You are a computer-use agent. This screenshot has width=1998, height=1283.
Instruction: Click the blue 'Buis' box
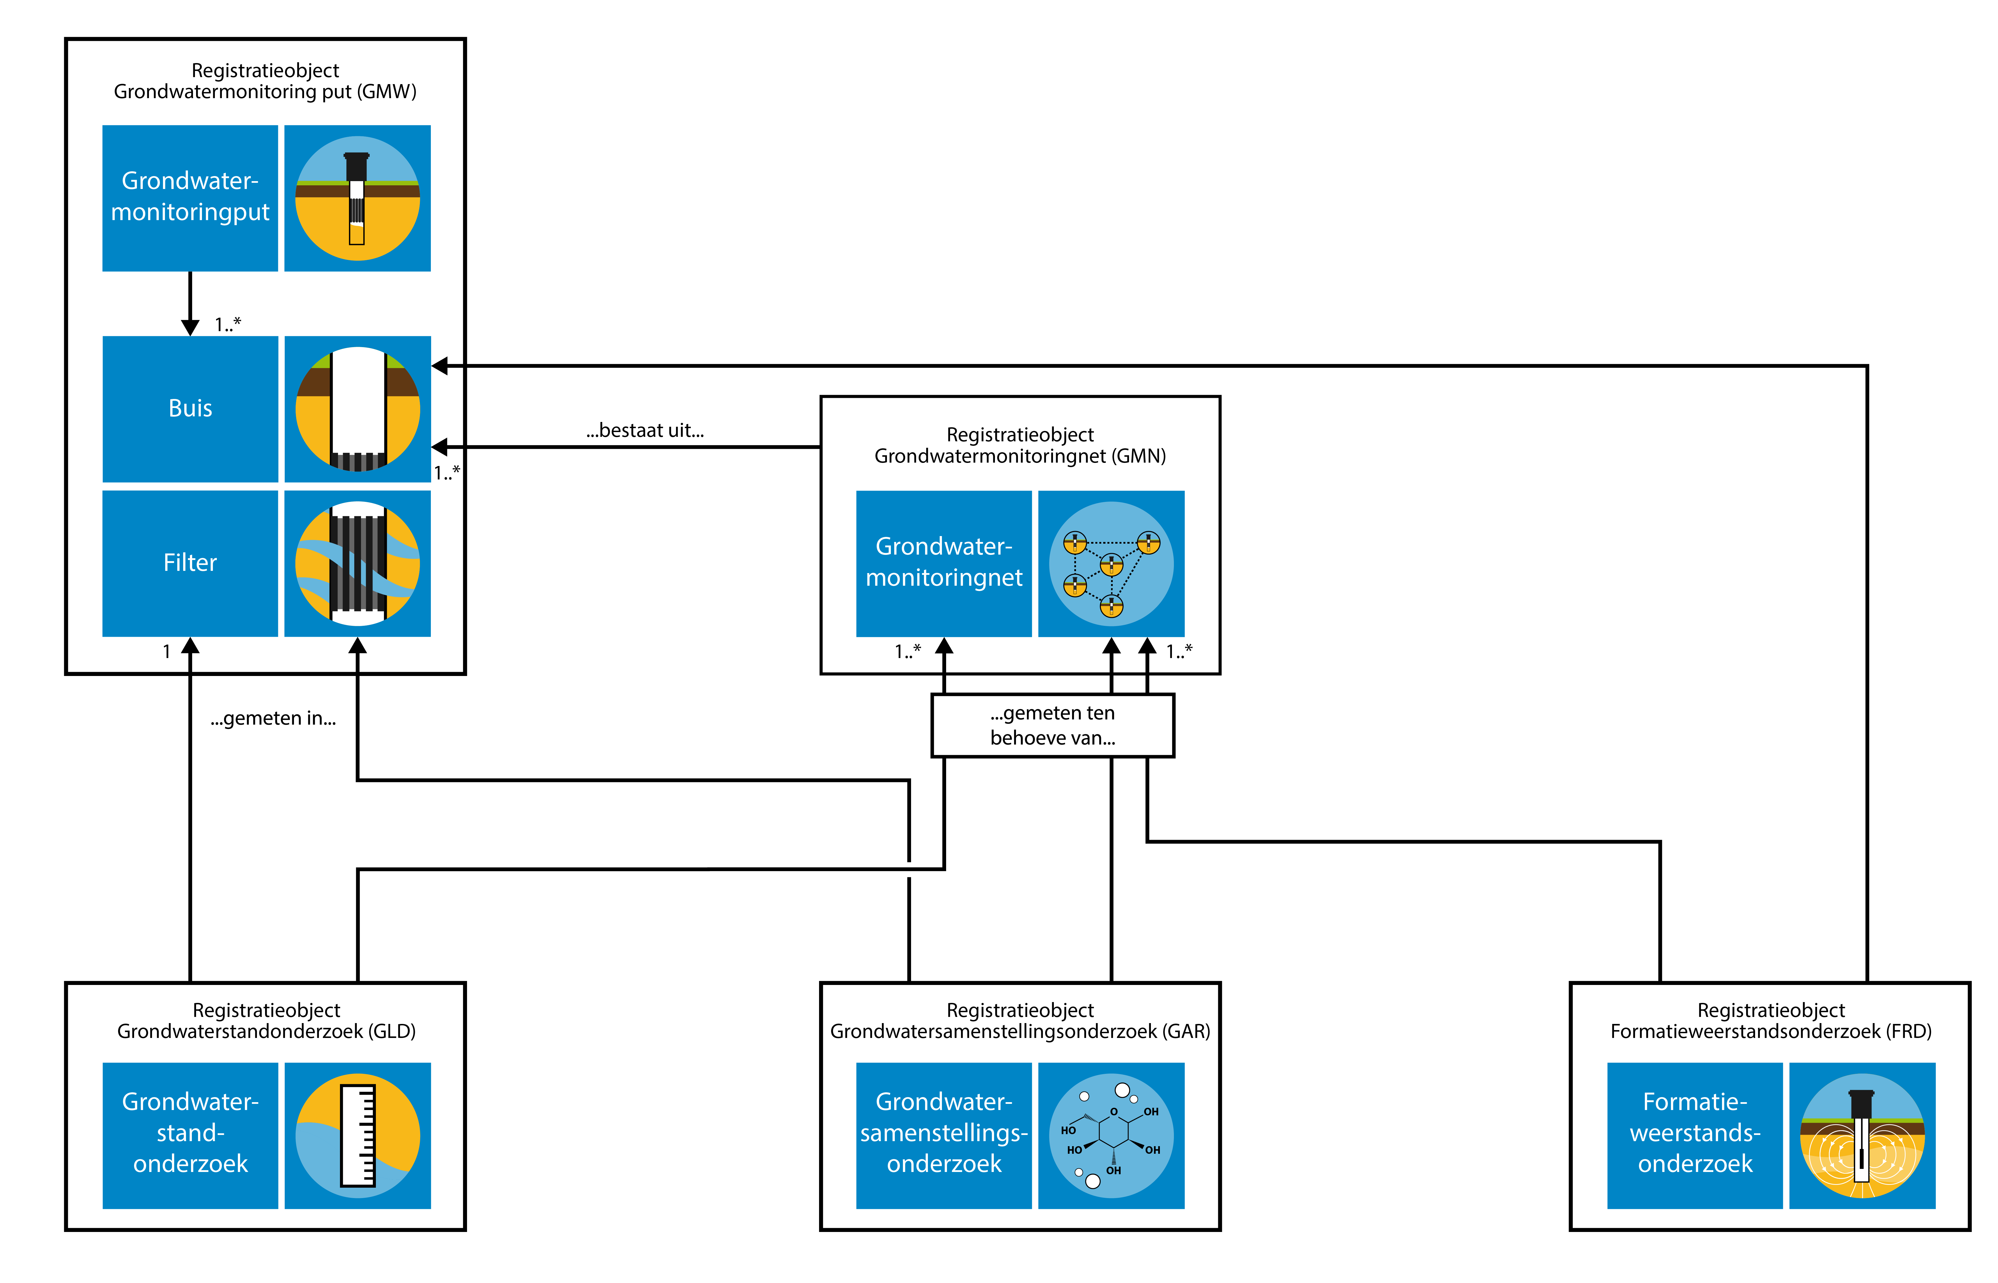click(x=190, y=408)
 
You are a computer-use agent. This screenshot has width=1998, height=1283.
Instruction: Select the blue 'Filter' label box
click(x=190, y=563)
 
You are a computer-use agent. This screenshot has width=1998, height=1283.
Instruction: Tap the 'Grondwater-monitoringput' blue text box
click(x=190, y=197)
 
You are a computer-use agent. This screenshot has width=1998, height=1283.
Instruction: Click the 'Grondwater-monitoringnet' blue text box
click(x=944, y=563)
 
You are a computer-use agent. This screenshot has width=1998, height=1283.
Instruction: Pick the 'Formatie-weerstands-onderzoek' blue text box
click(x=1694, y=1135)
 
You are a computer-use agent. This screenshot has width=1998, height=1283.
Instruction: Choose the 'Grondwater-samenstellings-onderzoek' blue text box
click(x=944, y=1135)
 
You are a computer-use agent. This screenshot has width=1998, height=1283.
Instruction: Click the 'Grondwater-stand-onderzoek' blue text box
click(x=190, y=1135)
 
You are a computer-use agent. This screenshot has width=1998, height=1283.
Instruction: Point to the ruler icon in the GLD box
click(x=358, y=1135)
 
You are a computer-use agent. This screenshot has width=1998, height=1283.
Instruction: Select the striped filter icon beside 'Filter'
click(x=358, y=563)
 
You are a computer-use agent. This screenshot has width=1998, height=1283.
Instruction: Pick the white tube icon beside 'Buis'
click(x=358, y=408)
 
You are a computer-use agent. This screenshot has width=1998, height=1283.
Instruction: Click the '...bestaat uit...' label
click(x=645, y=430)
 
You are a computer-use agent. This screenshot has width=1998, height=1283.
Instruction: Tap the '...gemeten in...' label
click(x=273, y=718)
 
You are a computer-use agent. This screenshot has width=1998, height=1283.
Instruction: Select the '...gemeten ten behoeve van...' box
click(x=1053, y=726)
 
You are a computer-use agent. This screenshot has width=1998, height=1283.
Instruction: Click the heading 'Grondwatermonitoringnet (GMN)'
click(x=1020, y=456)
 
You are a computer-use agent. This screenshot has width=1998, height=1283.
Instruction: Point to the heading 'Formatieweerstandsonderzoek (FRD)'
click(x=1771, y=1032)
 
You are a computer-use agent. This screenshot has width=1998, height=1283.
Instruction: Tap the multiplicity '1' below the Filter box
click(x=167, y=652)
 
